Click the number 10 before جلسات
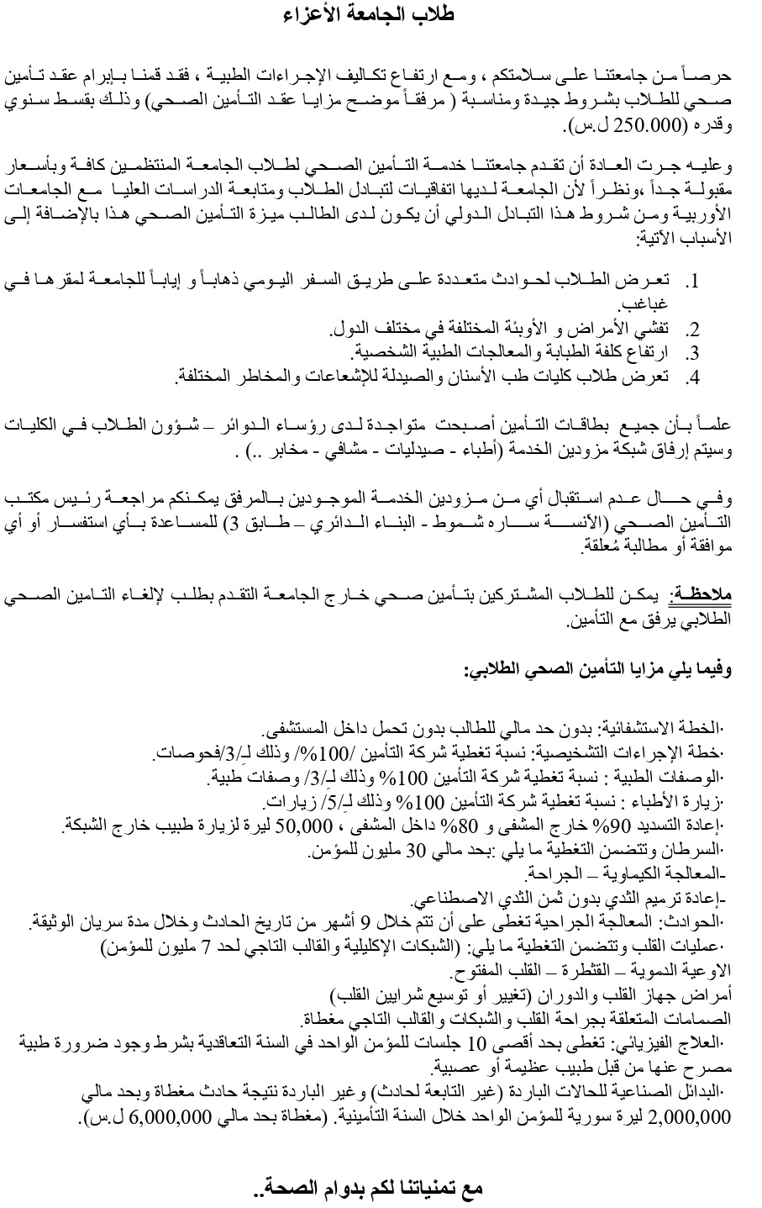click(476, 1045)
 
